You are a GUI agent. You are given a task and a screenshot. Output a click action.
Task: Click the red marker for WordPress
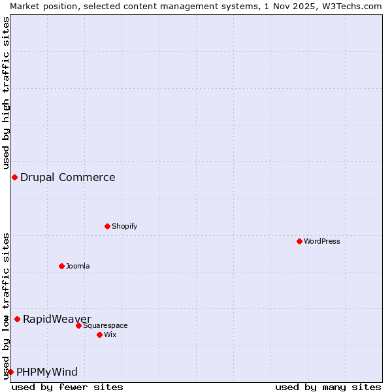pos(299,241)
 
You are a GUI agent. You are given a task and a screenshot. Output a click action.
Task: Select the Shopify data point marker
pos(107,226)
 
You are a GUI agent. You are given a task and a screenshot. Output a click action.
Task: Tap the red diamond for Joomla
pos(61,266)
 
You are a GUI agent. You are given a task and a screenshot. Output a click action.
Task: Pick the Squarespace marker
pos(78,325)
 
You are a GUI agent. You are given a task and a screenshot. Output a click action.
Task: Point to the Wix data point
pos(99,335)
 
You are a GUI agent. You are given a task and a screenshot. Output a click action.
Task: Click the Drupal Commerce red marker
pos(14,177)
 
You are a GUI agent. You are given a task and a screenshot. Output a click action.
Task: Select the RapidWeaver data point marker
pos(17,319)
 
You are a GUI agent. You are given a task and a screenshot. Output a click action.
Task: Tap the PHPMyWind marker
pos(10,372)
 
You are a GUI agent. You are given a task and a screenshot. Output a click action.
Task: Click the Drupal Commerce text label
pos(67,177)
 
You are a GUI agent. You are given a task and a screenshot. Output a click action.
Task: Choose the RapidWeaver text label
pos(57,319)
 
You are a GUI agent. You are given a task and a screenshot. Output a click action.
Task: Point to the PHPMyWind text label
pos(46,372)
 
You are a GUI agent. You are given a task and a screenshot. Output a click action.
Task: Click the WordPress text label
pos(321,241)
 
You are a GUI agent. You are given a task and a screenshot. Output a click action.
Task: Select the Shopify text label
pos(124,226)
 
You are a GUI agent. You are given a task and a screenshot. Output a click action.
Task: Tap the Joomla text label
pos(78,266)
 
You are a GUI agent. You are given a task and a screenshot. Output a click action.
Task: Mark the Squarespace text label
pos(105,325)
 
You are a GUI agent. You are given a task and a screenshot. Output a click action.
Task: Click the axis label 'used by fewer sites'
pos(67,387)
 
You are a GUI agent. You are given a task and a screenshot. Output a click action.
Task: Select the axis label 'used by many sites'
pos(328,387)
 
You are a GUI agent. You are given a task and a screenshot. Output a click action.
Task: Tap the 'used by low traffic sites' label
pos(6,306)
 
